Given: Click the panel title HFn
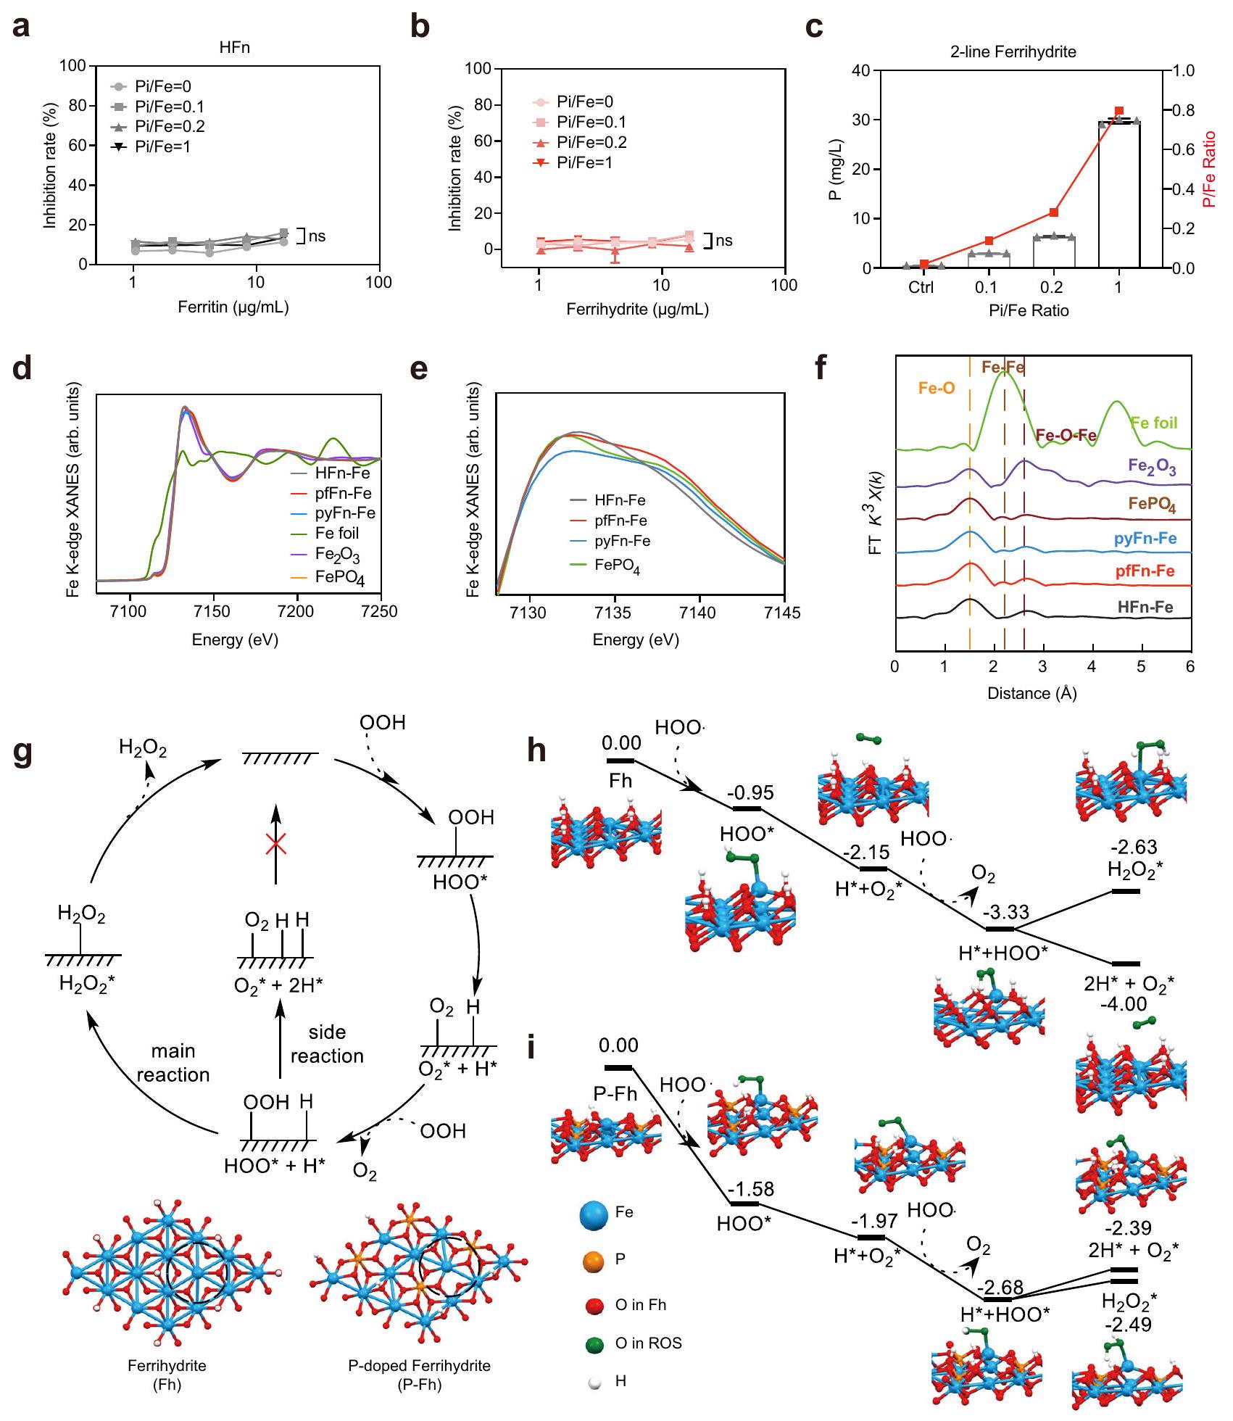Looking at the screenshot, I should tap(235, 49).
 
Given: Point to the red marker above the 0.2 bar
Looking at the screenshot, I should tap(1053, 212).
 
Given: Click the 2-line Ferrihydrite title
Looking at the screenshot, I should tap(1013, 52).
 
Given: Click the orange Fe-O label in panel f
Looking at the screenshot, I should tap(936, 389).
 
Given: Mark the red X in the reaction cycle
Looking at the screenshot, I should tap(275, 843).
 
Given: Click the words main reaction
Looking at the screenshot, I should tap(173, 1063).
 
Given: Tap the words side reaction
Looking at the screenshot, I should tap(327, 1044).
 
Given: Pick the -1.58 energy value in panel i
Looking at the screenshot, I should tap(751, 1190).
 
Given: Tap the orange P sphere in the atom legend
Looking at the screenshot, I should tap(592, 1259).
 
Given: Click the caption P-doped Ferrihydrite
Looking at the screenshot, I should tap(419, 1366).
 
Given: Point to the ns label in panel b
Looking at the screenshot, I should tap(723, 241).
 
